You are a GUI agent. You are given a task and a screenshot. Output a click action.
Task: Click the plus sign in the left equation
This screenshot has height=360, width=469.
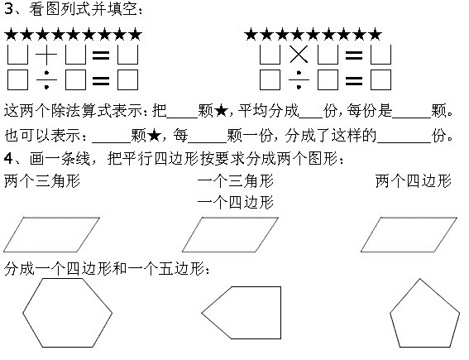pos(46,55)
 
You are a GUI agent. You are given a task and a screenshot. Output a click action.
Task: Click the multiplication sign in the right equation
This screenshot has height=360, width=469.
pos(299,55)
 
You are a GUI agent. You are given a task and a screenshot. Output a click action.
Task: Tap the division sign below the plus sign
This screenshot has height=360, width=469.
pos(46,80)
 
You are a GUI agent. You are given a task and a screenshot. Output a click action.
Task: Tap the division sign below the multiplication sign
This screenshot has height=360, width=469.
pos(299,80)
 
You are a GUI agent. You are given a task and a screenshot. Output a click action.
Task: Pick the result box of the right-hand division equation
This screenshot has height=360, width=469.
pos(380,80)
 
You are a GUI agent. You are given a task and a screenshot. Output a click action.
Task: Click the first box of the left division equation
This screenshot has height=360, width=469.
pos(17,80)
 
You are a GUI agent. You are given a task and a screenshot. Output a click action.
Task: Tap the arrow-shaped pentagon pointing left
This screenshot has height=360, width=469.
pos(280,313)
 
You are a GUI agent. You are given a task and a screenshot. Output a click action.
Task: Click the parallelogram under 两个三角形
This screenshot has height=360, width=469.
pos(51,218)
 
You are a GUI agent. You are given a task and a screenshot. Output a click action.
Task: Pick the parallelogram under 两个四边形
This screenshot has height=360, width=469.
pos(409,218)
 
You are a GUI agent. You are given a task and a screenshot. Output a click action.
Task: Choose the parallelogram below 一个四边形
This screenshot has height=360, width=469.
pos(230,218)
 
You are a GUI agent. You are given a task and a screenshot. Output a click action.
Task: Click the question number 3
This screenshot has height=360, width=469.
pos(8,9)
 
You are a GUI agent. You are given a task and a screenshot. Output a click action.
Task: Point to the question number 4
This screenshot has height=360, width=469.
pos(8,158)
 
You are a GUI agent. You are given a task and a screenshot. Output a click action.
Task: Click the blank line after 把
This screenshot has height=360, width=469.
pos(183,118)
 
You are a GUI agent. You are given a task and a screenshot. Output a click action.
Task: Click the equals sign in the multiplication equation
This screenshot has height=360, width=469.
pos(354,55)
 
